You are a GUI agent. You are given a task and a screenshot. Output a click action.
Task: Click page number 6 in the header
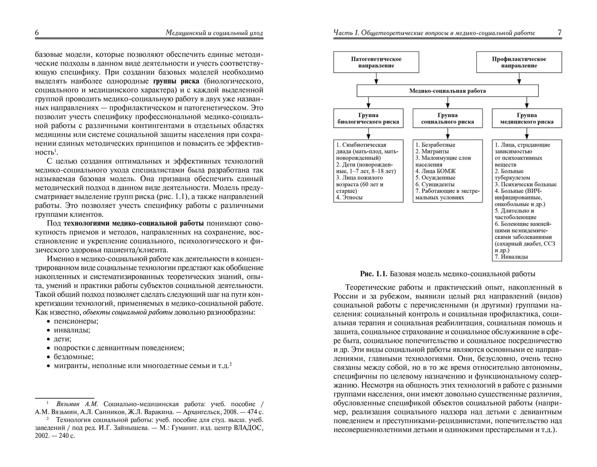(x=37, y=33)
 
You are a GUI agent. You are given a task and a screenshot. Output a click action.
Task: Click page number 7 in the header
(x=559, y=33)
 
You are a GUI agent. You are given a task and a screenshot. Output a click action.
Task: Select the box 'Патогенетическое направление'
(x=376, y=62)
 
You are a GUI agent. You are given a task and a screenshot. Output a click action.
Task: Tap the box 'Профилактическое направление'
(x=519, y=62)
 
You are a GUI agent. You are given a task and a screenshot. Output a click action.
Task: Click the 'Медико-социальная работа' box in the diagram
(x=447, y=91)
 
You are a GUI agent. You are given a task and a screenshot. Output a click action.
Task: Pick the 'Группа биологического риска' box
(x=368, y=118)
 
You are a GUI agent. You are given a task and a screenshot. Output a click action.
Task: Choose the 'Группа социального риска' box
(x=447, y=118)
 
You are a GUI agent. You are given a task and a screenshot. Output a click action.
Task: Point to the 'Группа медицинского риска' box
(x=527, y=118)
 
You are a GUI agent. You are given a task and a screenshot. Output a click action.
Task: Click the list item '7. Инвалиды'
(x=511, y=256)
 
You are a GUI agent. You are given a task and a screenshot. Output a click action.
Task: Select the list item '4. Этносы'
(x=350, y=197)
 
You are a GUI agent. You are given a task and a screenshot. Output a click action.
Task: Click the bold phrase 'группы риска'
(x=176, y=81)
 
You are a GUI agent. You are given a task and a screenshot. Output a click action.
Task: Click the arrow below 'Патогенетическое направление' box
(x=376, y=79)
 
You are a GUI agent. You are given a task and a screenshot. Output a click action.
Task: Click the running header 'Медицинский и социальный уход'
(x=214, y=33)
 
